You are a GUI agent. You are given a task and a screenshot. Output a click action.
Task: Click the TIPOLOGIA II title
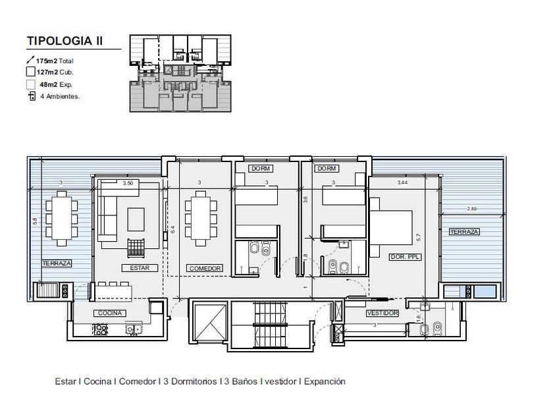(65, 41)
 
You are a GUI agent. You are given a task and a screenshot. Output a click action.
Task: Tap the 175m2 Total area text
(55, 61)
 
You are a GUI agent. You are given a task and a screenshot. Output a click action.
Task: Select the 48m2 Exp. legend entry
(56, 85)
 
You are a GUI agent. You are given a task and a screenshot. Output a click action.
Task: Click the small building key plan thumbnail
(180, 73)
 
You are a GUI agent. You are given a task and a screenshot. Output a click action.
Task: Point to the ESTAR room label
(140, 268)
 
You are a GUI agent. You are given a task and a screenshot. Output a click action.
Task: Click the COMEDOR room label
(205, 269)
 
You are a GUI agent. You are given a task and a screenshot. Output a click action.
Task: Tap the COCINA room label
(110, 313)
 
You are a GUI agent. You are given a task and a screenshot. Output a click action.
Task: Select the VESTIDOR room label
(382, 313)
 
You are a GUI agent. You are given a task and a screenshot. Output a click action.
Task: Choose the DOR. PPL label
(406, 257)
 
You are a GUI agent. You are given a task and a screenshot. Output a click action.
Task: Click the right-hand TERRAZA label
(463, 231)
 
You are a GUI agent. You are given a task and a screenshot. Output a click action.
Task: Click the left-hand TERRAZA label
(57, 263)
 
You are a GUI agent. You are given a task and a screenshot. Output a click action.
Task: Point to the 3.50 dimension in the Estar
(128, 183)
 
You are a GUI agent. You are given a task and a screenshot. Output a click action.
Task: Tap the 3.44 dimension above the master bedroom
(402, 182)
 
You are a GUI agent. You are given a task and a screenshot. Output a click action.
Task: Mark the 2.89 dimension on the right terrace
(472, 209)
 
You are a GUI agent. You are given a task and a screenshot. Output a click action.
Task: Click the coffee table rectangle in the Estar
(136, 219)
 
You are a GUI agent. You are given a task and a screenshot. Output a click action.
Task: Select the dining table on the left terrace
(62, 218)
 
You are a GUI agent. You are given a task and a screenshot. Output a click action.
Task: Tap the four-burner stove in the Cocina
(101, 330)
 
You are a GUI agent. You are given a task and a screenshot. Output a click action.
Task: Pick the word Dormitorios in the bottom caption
(194, 381)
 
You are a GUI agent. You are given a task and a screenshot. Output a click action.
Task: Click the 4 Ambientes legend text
(60, 96)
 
